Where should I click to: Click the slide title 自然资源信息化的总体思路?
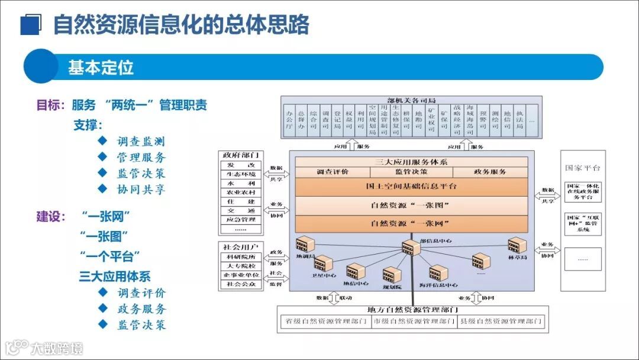181,25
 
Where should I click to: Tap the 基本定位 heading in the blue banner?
101,67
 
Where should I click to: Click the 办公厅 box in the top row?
289,118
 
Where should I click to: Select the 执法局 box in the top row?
519,118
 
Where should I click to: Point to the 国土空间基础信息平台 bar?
411,187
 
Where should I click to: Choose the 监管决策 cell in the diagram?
411,172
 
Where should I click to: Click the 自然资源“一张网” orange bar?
411,224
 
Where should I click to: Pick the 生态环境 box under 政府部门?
241,174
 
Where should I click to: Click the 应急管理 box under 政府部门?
241,219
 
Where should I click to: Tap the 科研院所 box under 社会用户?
241,257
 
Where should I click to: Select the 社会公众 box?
241,284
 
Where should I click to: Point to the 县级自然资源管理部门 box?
501,322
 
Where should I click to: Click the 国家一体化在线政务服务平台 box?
583,192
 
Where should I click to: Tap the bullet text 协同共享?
141,189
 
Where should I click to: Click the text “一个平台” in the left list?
110,256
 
